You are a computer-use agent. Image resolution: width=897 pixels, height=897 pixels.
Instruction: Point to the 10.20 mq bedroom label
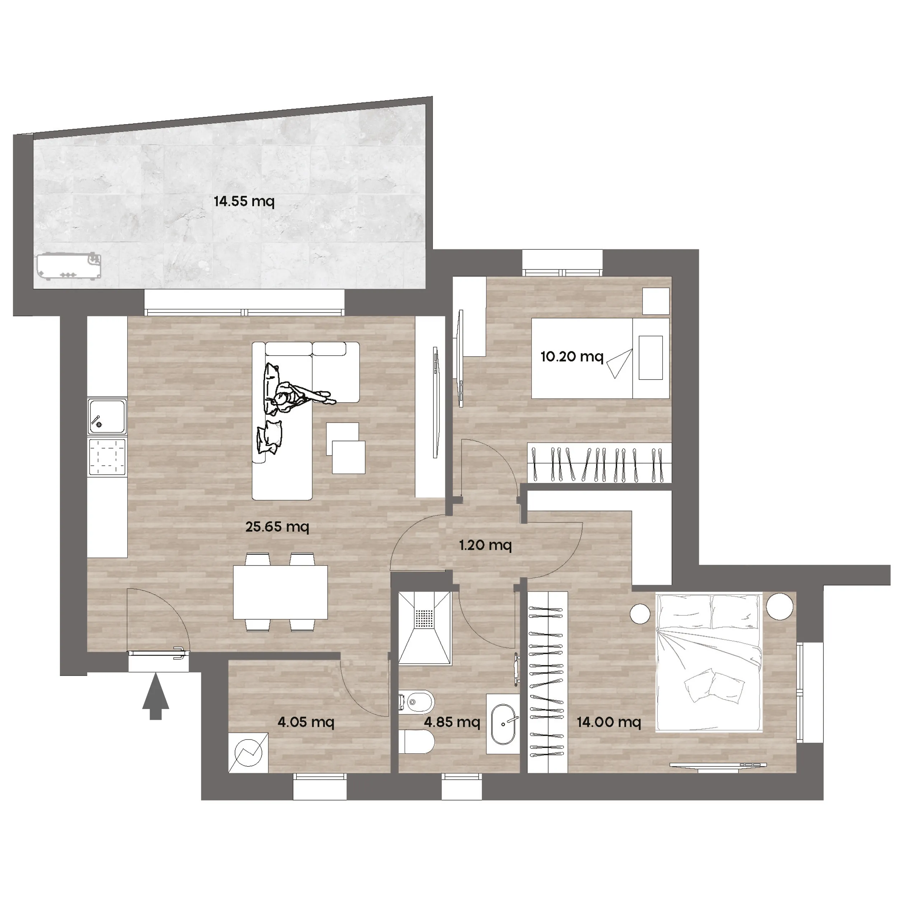click(572, 357)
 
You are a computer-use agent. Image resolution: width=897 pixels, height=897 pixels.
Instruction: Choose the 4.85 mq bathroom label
click(452, 722)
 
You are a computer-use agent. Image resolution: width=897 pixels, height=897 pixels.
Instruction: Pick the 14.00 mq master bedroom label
click(609, 722)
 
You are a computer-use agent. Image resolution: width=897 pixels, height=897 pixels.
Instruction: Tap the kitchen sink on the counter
click(107, 416)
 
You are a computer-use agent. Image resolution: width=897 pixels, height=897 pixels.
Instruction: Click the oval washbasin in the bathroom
click(503, 724)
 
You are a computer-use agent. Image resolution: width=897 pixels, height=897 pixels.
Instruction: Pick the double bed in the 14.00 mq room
click(709, 662)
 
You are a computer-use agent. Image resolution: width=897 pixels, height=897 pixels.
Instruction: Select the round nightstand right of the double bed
click(780, 606)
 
